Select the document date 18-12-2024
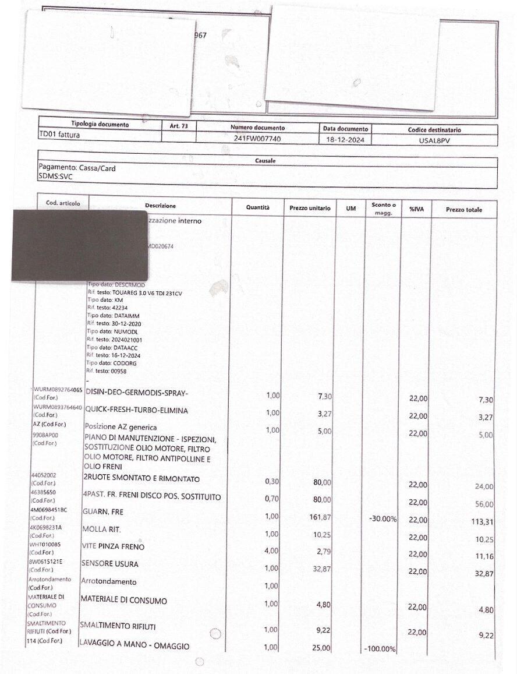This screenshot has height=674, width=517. click(344, 140)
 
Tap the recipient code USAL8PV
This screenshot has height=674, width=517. click(434, 141)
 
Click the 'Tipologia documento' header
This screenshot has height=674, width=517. click(100, 124)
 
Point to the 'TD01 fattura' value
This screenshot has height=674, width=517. click(59, 135)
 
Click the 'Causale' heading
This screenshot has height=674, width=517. click(265, 161)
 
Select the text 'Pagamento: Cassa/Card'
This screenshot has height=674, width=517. click(77, 168)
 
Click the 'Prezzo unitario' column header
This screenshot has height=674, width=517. click(310, 208)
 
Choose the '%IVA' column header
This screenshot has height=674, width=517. click(416, 209)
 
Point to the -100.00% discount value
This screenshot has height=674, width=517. click(380, 648)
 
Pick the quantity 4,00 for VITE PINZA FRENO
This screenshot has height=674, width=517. click(271, 551)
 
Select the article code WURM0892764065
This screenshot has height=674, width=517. click(58, 389)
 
